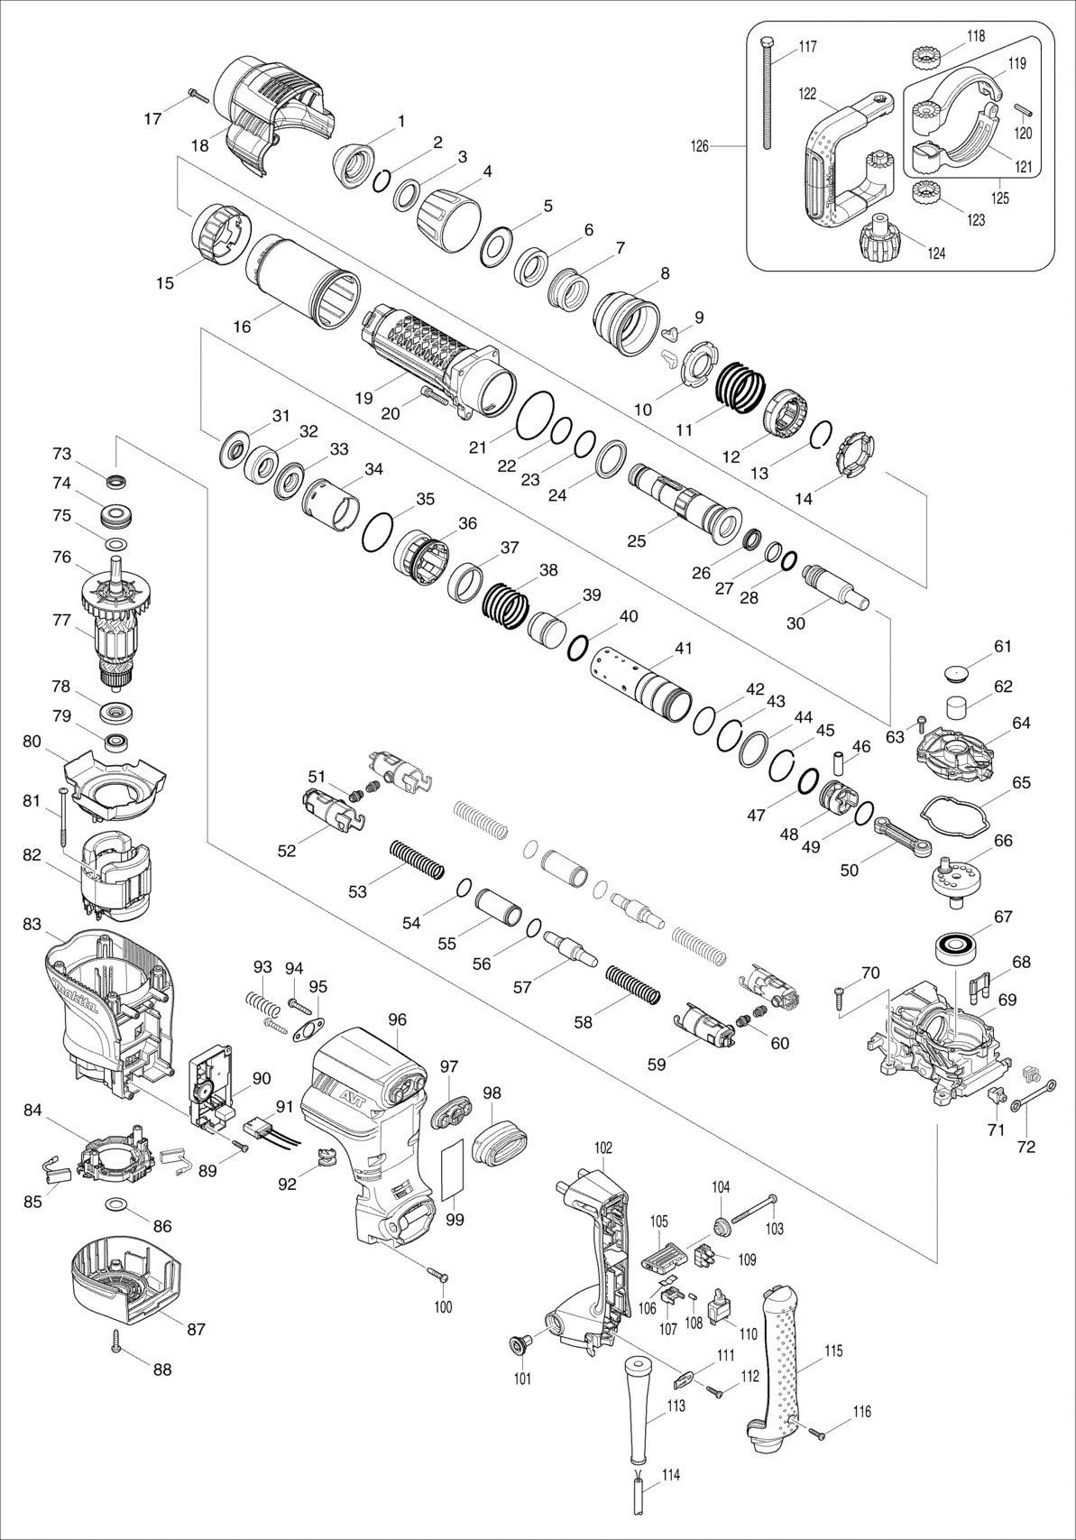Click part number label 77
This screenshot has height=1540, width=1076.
61,620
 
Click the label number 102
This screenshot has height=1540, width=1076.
603,1148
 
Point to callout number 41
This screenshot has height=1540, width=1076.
684,649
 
